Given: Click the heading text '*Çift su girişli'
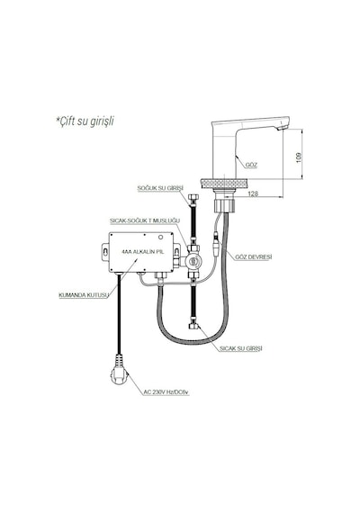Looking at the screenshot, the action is point(85,121).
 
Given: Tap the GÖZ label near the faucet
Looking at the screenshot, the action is point(251,166).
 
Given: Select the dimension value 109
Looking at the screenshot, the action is point(299,157).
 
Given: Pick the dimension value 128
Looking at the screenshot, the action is point(253,193).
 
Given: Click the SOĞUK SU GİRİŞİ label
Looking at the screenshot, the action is point(160,188).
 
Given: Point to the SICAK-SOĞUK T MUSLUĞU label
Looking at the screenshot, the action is point(145,220).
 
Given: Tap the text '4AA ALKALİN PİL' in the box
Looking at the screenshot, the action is point(142,252).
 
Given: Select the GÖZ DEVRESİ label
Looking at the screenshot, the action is point(254,256).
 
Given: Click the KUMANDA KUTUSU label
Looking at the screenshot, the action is point(84,295).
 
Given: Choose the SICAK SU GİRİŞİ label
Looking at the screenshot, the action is point(241,349).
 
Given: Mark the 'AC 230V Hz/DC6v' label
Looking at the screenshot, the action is point(166,391).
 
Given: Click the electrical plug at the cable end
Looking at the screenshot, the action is point(119,371).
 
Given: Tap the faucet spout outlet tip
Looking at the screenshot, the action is point(283,127).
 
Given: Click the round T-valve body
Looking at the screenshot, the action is point(193,261).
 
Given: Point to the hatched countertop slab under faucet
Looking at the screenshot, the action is point(223,184).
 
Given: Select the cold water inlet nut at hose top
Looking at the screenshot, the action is point(193,199).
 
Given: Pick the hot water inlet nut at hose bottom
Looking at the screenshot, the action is point(193,328).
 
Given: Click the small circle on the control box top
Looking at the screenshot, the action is point(161,238).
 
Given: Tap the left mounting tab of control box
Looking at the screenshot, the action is point(105,252).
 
